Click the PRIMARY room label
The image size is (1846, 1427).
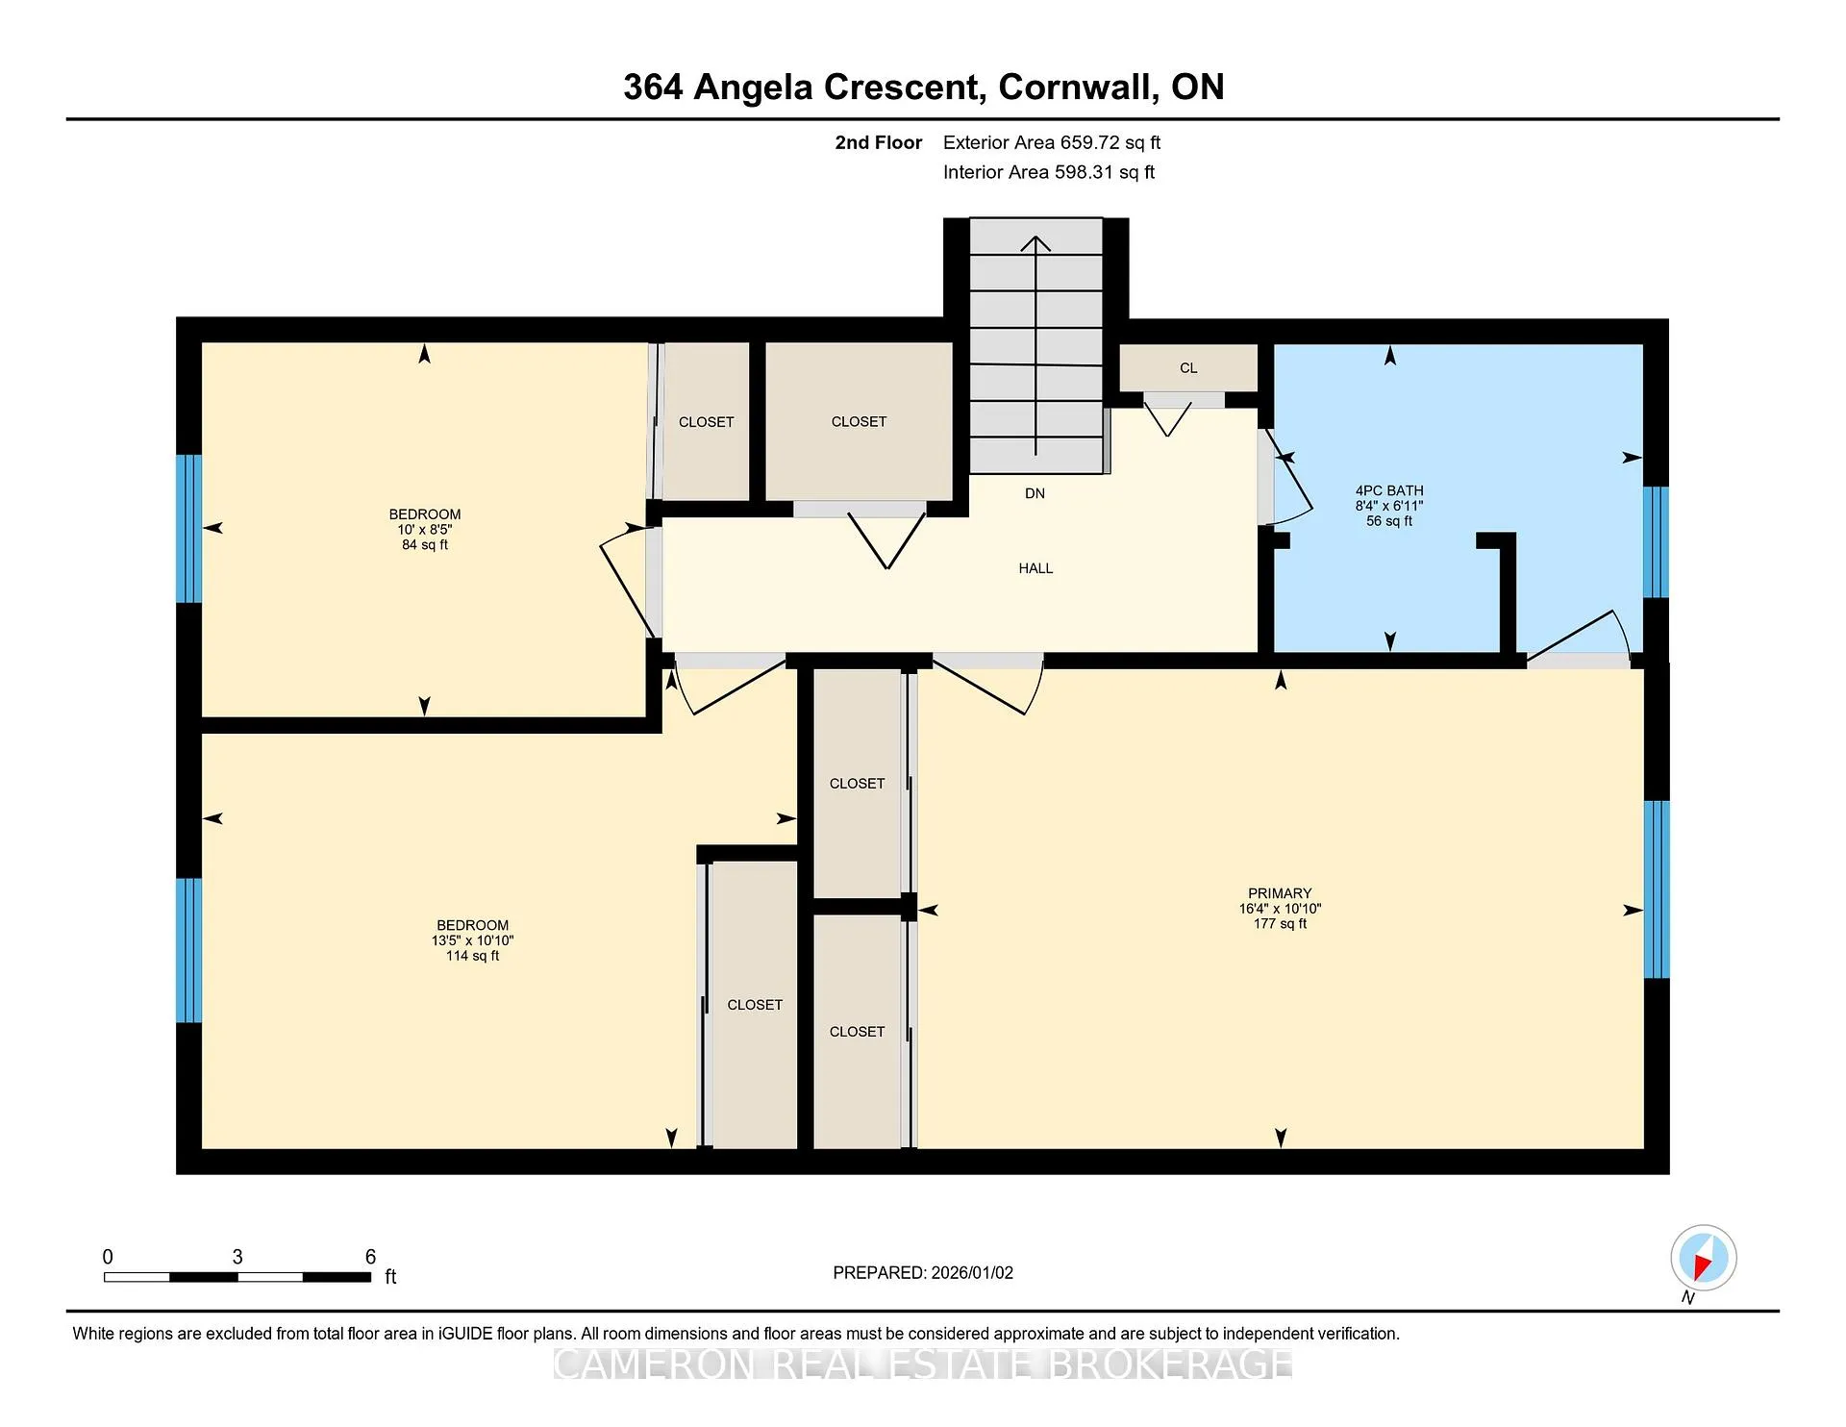point(1280,893)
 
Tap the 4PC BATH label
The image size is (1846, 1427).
point(1389,490)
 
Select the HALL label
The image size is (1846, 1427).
point(1035,568)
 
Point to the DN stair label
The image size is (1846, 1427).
point(1035,493)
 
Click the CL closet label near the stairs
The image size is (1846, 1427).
point(1188,367)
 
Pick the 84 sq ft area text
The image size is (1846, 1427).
point(425,544)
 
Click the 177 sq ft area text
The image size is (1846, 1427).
point(1280,923)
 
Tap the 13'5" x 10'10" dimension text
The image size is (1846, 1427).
point(472,940)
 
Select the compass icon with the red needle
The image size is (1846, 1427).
point(1704,1258)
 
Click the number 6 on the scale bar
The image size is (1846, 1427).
point(370,1257)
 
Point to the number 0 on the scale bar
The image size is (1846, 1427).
point(108,1257)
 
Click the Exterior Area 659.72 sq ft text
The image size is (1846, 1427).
point(1052,142)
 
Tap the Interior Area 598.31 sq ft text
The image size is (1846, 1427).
point(1049,172)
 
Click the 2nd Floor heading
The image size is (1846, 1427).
point(878,142)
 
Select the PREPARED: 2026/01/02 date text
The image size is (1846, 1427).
point(923,1272)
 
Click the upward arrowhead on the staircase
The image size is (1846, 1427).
point(1035,243)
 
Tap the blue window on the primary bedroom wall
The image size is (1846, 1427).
point(1656,889)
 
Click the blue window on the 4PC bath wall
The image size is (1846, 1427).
point(1656,542)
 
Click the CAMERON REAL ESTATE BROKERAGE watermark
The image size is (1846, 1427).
point(923,1364)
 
